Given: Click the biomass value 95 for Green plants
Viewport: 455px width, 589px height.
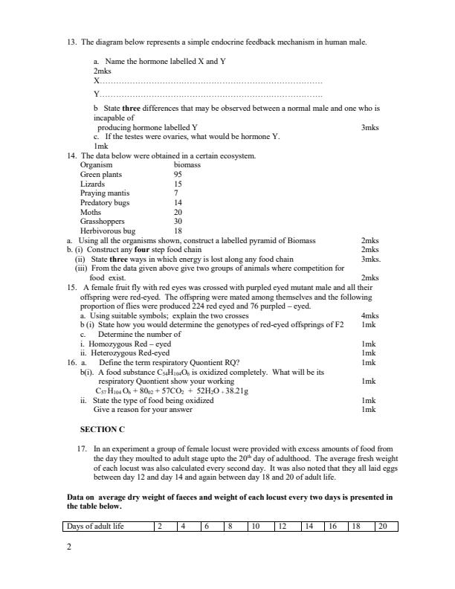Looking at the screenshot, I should pyautogui.click(x=178, y=175).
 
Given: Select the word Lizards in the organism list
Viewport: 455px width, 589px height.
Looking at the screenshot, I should pyautogui.click(x=93, y=184).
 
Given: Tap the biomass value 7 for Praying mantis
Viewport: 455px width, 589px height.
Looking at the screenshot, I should pyautogui.click(x=176, y=193).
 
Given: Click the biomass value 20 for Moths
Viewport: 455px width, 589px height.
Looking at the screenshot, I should pyautogui.click(x=178, y=212).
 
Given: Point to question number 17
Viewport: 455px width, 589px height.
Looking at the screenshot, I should pyautogui.click(x=83, y=449).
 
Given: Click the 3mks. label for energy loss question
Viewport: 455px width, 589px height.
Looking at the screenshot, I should pyautogui.click(x=370, y=260).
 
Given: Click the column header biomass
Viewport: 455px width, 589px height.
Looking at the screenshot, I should pyautogui.click(x=187, y=165).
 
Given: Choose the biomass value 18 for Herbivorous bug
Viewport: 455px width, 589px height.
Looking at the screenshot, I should pyautogui.click(x=178, y=231).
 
